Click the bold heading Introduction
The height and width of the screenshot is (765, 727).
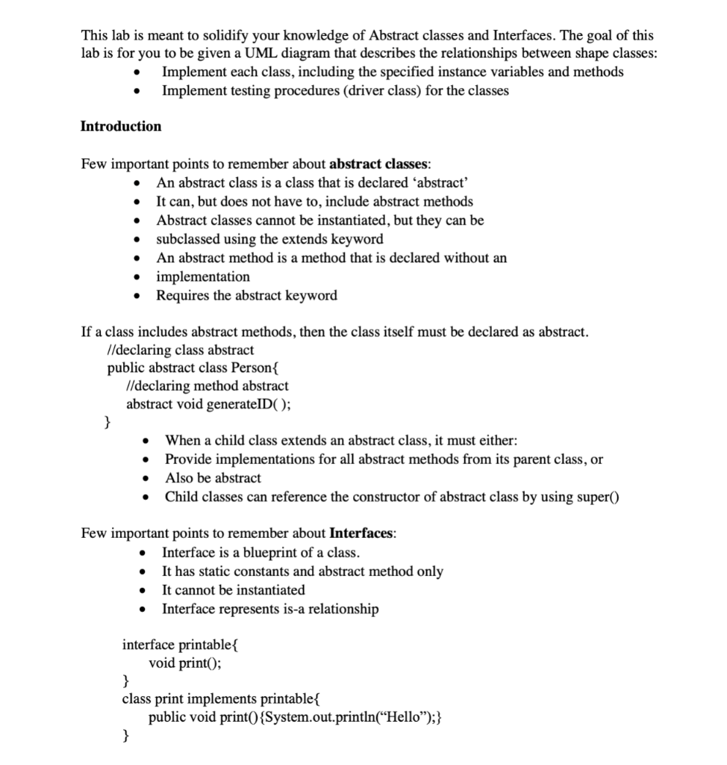coord(120,126)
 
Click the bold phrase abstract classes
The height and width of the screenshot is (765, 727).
coord(378,164)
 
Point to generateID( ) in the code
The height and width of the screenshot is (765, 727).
coord(250,404)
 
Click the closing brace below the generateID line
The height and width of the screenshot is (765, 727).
coord(107,423)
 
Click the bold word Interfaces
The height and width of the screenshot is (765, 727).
coord(361,534)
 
